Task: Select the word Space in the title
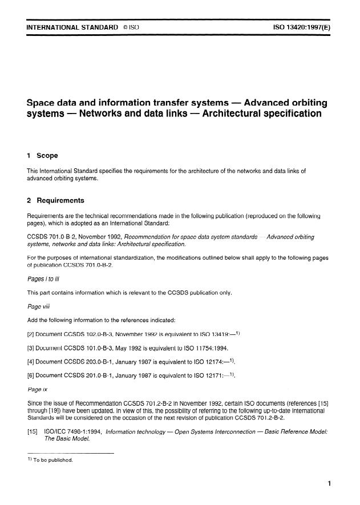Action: point(43,103)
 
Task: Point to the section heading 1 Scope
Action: point(42,155)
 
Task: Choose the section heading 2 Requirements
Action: point(55,201)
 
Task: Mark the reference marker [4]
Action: point(31,361)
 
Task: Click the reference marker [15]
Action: point(33,431)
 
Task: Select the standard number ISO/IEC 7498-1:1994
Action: point(72,431)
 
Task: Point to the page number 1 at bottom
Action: point(329,483)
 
